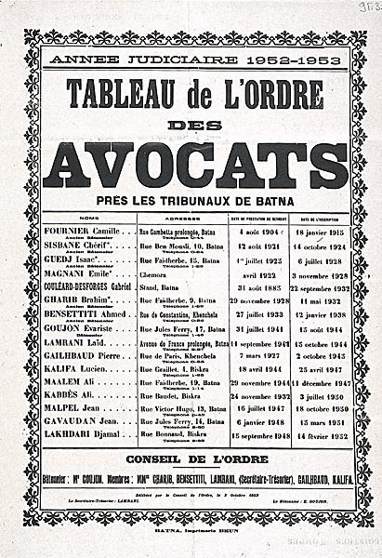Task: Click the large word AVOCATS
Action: click(195, 165)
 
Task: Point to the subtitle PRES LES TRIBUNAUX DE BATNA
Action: click(194, 200)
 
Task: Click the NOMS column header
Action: click(88, 219)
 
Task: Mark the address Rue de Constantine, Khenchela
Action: click(182, 315)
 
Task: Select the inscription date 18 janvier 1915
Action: click(319, 231)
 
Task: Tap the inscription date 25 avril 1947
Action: click(319, 368)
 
